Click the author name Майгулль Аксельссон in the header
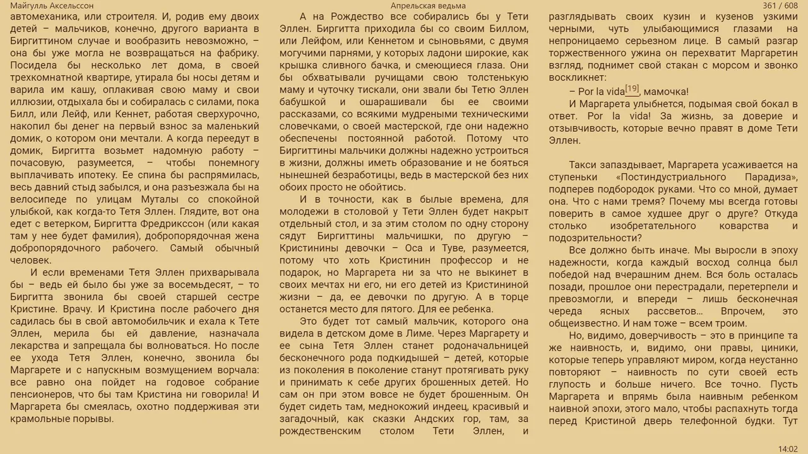(x=52, y=6)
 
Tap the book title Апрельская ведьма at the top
(x=428, y=6)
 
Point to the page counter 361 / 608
(x=780, y=6)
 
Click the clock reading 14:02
(x=788, y=449)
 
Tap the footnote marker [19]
(x=632, y=88)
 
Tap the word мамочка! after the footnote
(x=667, y=91)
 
